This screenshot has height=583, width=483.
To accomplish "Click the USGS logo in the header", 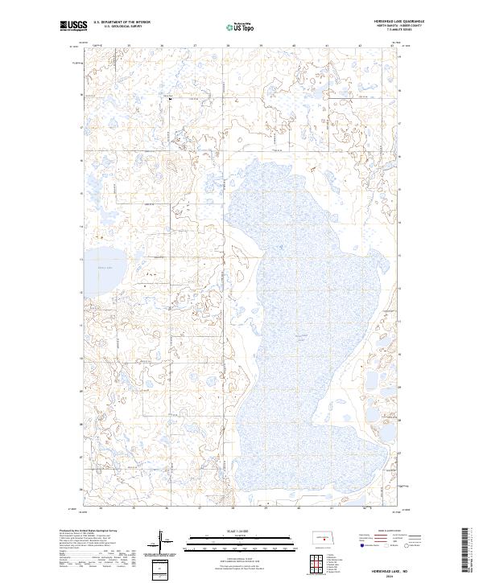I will [x=74, y=26].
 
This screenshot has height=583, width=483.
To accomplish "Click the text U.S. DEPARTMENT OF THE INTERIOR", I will [x=122, y=23].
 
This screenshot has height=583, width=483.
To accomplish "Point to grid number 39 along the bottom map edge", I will [x=265, y=509].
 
